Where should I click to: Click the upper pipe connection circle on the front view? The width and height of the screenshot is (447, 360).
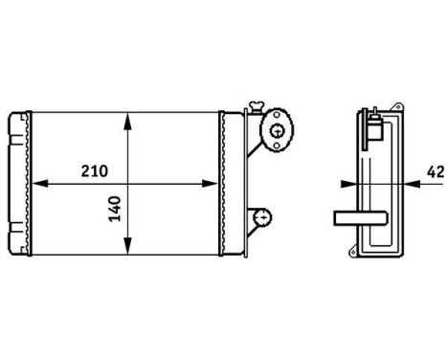[x=278, y=131]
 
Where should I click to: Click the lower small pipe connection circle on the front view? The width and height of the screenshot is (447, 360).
[x=260, y=218]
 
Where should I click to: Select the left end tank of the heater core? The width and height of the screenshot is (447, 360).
[x=18, y=184]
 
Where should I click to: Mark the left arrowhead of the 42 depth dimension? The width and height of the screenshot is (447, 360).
[x=346, y=181]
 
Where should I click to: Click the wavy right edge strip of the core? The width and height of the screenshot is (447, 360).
[x=223, y=184]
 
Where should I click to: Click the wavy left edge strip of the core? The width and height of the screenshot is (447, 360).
[x=30, y=184]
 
